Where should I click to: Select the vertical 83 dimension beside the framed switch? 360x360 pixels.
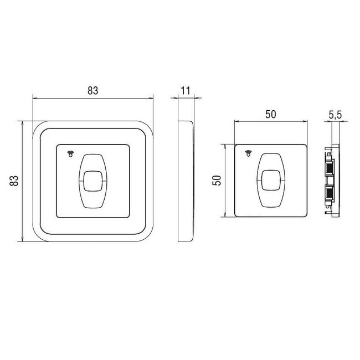click(x=15, y=181)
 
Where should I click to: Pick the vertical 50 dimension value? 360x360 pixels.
click(x=217, y=181)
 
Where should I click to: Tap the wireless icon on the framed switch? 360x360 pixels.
click(x=70, y=154)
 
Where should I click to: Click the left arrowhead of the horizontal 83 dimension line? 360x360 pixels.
click(x=35, y=99)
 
